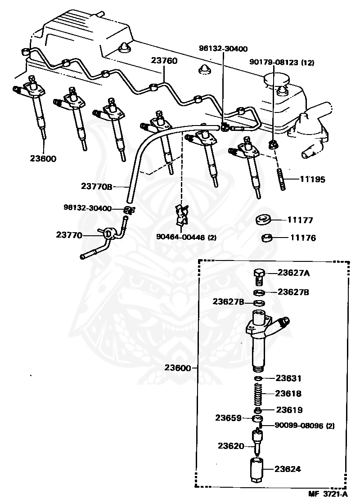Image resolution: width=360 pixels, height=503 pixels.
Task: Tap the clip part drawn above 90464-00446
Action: coord(182,215)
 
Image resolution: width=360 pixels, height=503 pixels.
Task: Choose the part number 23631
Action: coord(288,378)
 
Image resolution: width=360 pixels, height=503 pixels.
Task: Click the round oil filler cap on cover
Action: coord(274,80)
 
